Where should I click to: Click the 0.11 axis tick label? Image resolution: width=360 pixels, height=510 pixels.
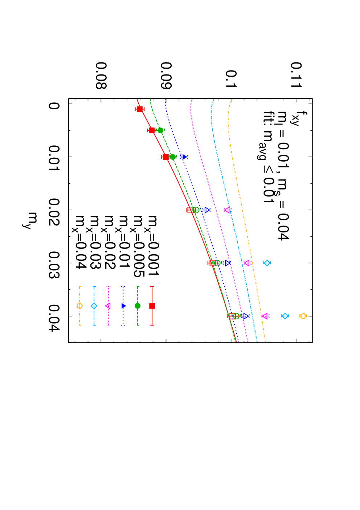pos(296,75)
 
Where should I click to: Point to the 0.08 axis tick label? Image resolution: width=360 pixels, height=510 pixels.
pos(101,75)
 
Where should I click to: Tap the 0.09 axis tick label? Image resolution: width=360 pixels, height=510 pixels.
pos(166,75)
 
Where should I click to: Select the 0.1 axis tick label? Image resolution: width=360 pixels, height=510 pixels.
pos(231,79)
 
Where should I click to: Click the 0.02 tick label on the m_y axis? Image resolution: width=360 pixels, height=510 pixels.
pos(54,212)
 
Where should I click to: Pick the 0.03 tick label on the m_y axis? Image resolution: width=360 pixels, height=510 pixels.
pos(54,265)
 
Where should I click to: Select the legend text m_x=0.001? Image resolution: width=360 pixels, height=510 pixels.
pos(152,246)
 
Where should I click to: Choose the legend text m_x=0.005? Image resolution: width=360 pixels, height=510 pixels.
pos(138,246)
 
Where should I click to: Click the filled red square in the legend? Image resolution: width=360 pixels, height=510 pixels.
pos(152,306)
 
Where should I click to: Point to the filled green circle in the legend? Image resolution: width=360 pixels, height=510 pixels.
pos(138,306)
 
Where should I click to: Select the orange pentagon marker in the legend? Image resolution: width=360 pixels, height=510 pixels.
pos(79,306)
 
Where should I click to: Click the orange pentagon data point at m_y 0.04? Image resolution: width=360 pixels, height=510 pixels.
pos(303,316)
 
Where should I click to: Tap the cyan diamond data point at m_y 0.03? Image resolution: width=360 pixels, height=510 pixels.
pos(267,263)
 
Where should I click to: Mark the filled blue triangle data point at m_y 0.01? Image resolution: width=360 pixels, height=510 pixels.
pos(185,157)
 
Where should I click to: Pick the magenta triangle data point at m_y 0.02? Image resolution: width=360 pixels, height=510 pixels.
pos(227,210)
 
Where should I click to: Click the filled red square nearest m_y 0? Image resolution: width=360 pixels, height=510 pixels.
pos(140,109)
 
